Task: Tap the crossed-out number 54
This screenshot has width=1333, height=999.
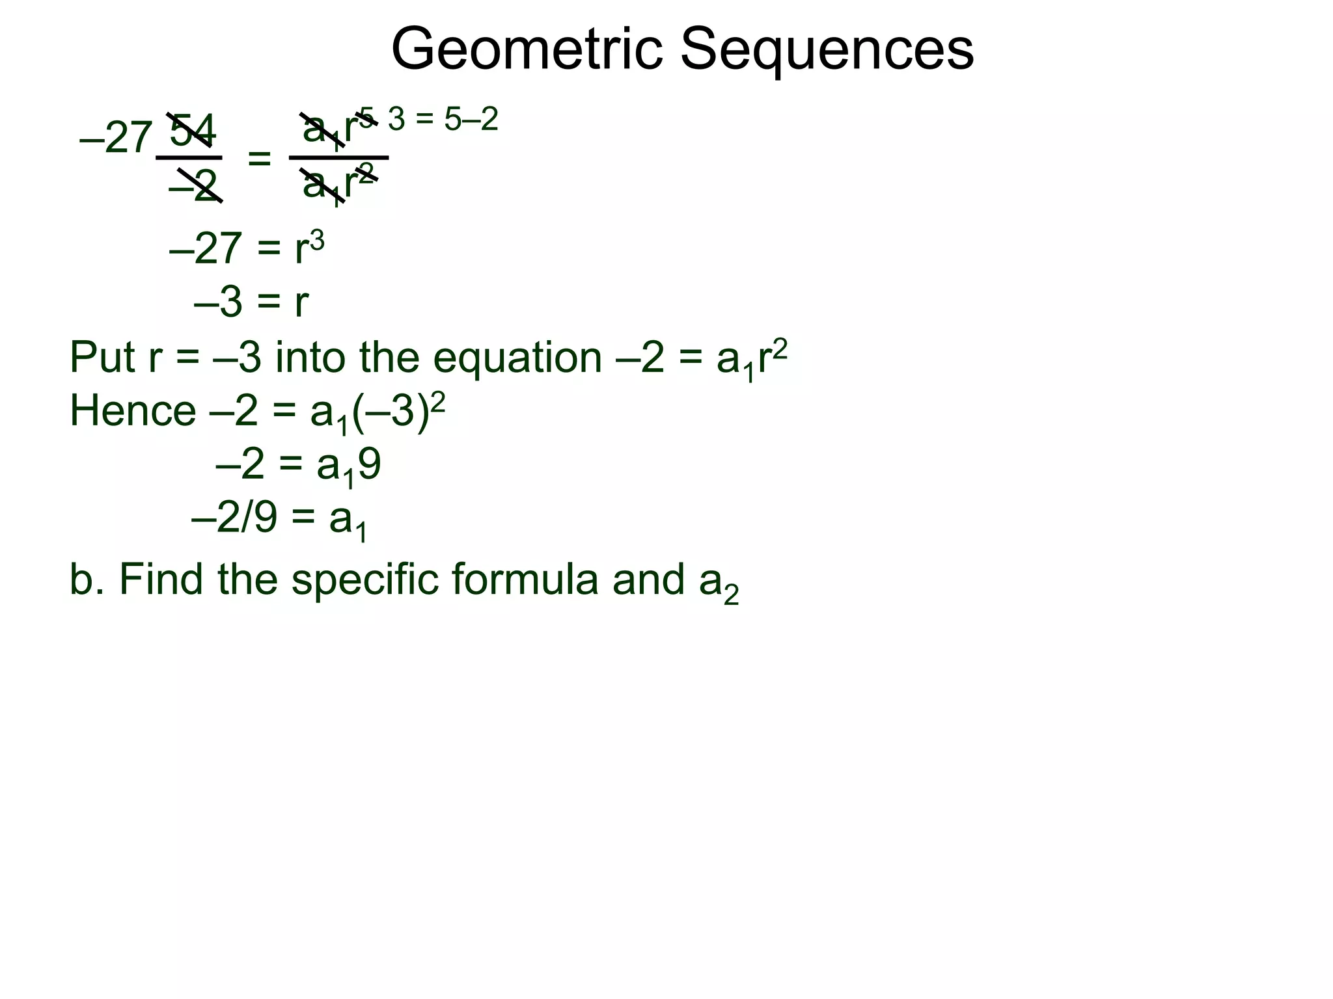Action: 192,131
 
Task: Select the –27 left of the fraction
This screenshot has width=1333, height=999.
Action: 116,138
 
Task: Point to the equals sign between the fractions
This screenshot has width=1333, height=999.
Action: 259,158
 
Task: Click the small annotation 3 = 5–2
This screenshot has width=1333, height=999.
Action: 443,120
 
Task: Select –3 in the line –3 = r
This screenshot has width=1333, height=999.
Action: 218,302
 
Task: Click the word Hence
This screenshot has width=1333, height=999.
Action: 133,412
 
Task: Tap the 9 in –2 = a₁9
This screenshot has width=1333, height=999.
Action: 369,466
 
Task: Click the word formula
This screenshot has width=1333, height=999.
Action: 524,579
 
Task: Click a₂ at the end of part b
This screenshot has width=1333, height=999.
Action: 719,582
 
